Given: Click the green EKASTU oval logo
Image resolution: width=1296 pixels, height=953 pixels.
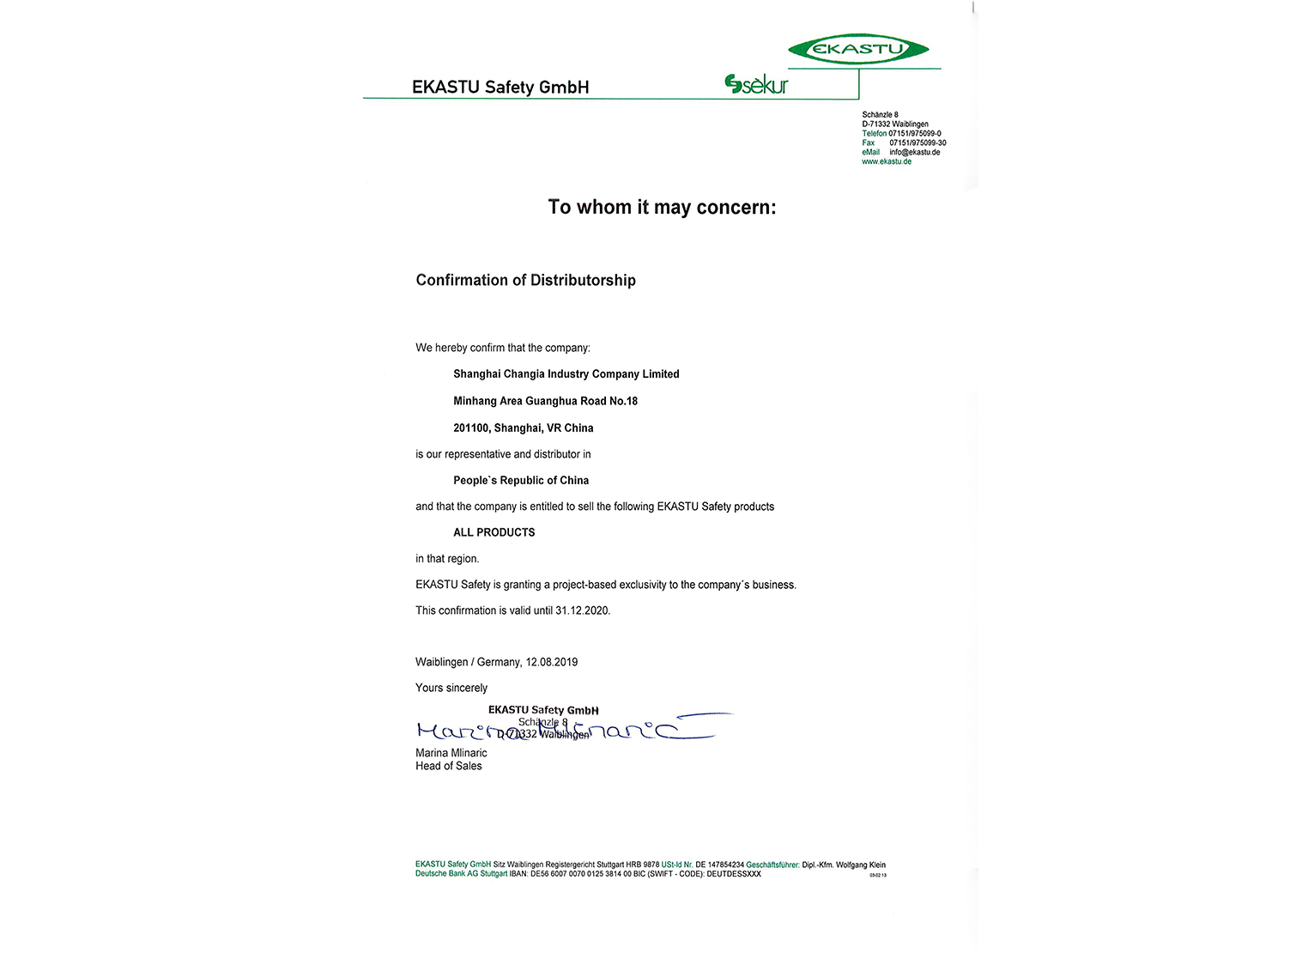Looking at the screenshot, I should click(x=857, y=49).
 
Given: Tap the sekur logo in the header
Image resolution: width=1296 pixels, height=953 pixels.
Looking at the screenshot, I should click(x=756, y=84).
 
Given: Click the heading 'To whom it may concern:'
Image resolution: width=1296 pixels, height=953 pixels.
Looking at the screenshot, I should click(x=662, y=208).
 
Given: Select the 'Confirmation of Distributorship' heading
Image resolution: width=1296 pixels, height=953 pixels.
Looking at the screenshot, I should click(x=525, y=280).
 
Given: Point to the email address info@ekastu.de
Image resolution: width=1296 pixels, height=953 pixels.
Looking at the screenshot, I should click(x=914, y=152).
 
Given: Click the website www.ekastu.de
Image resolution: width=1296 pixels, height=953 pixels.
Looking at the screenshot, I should click(x=887, y=161).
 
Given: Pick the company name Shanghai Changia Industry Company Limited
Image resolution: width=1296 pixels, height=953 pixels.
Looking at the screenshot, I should click(x=566, y=374).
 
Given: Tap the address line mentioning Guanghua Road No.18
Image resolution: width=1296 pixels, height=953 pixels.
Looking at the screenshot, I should click(x=545, y=401).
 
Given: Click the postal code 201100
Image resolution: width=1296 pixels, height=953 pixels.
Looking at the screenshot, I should click(x=471, y=428).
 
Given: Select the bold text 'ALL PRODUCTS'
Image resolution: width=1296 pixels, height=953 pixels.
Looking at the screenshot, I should click(x=494, y=532).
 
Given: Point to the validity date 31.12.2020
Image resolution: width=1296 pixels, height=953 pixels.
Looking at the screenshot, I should click(x=582, y=610).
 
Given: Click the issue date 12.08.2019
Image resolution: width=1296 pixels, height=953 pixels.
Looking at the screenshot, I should click(x=552, y=662).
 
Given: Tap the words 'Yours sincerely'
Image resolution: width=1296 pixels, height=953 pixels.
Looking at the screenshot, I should click(x=451, y=688).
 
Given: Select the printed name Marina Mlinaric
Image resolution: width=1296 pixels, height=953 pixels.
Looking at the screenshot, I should click(x=451, y=753).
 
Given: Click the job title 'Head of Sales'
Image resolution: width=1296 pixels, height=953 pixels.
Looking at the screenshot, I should click(x=449, y=766).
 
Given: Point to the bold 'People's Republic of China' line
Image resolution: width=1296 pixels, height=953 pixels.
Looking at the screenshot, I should click(x=521, y=480).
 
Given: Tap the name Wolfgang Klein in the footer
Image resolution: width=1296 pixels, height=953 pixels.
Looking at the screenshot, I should click(x=861, y=865).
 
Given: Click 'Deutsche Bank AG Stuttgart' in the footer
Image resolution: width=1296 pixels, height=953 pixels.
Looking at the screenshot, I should click(x=461, y=874).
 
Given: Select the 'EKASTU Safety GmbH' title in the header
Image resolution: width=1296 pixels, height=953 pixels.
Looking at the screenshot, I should click(x=500, y=87).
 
